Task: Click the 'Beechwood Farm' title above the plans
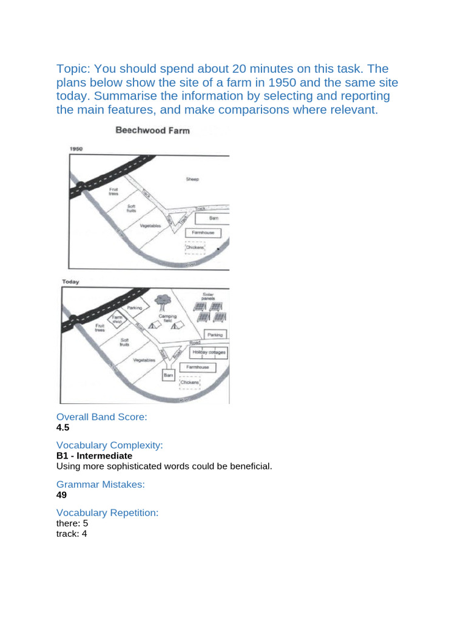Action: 153,131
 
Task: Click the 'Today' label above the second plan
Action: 71,282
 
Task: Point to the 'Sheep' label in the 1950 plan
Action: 192,180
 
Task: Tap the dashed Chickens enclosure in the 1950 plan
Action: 195,247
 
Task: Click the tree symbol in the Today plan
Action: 162,300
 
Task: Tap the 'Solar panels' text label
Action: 208,296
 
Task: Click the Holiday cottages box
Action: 209,352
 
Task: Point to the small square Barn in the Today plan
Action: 168,376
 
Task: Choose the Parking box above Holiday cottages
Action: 215,335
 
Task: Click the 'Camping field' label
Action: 167,317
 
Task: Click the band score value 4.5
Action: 63,428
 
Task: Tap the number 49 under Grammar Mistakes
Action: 61,495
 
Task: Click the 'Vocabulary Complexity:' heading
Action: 110,445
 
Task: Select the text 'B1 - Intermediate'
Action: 94,455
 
